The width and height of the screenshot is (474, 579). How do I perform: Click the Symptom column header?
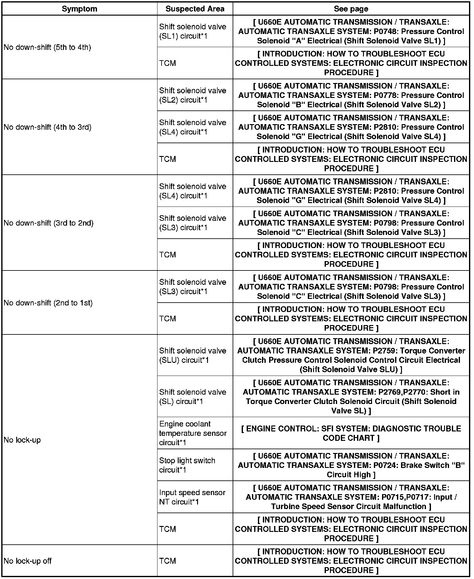[79, 9]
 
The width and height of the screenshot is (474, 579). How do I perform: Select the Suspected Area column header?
[195, 9]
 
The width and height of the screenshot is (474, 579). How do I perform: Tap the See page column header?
[351, 9]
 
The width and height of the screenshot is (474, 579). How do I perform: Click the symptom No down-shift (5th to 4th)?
[47, 48]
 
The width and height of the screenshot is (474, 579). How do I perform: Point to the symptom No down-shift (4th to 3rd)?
[47, 127]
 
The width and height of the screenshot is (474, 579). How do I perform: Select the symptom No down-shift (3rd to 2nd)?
[49, 223]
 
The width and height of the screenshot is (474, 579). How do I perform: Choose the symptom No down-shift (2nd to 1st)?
[48, 303]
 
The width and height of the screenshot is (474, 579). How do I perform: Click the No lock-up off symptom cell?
[27, 561]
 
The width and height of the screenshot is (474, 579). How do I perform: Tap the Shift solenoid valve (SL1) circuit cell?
[192, 32]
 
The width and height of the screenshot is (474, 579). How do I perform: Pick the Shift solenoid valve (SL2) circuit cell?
[192, 95]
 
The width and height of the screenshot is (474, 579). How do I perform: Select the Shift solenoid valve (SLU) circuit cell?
[192, 355]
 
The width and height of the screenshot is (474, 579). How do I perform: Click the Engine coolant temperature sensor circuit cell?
[192, 433]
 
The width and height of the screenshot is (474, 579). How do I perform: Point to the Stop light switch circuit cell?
[187, 465]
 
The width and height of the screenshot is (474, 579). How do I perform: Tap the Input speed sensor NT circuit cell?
[192, 497]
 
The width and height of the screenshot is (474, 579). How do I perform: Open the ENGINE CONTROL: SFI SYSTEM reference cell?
[351, 433]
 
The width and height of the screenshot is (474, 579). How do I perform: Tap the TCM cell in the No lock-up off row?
[167, 561]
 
